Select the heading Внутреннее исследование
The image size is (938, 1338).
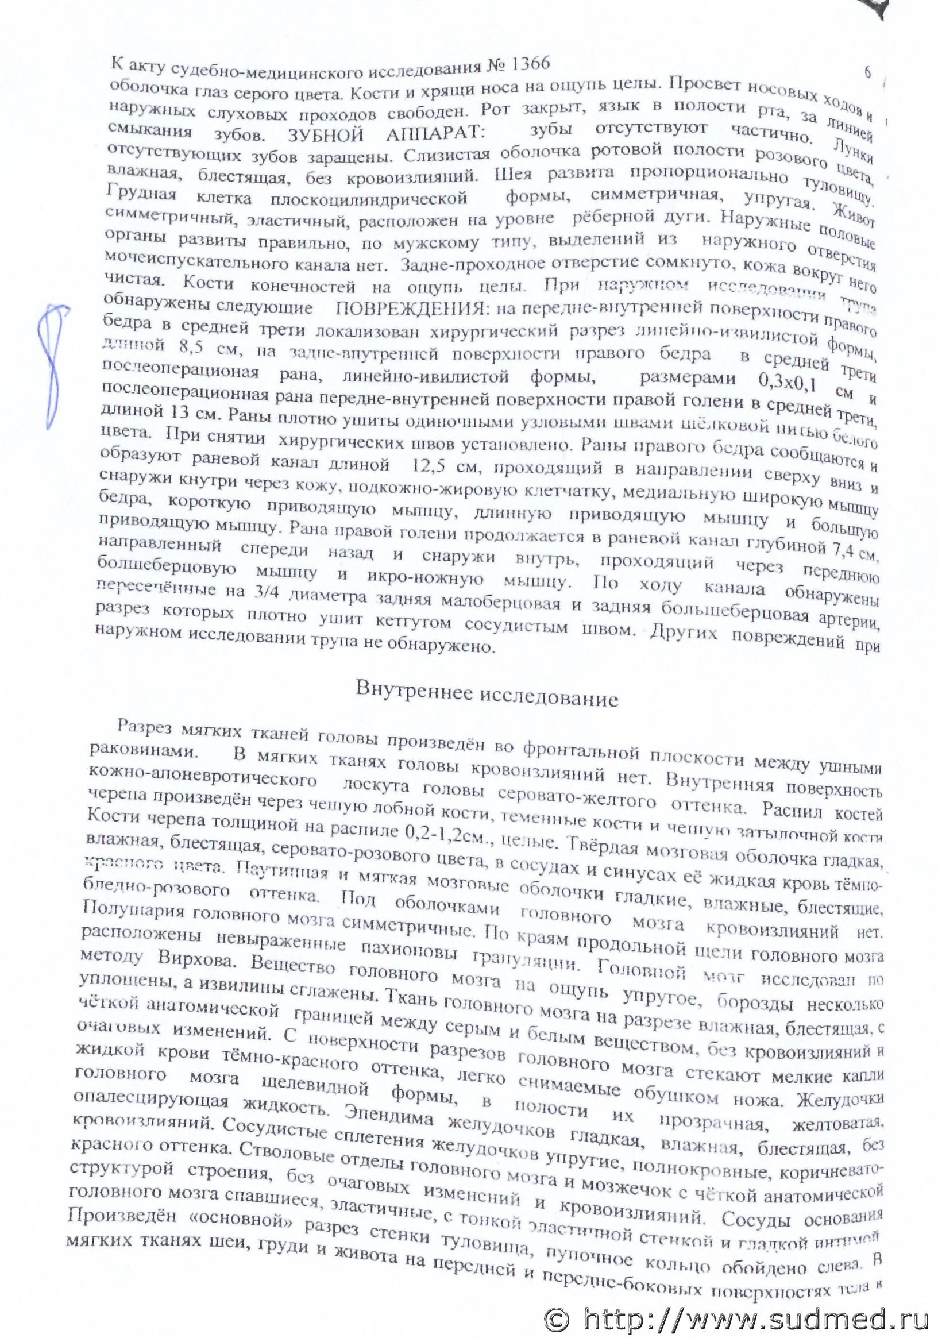click(487, 697)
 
